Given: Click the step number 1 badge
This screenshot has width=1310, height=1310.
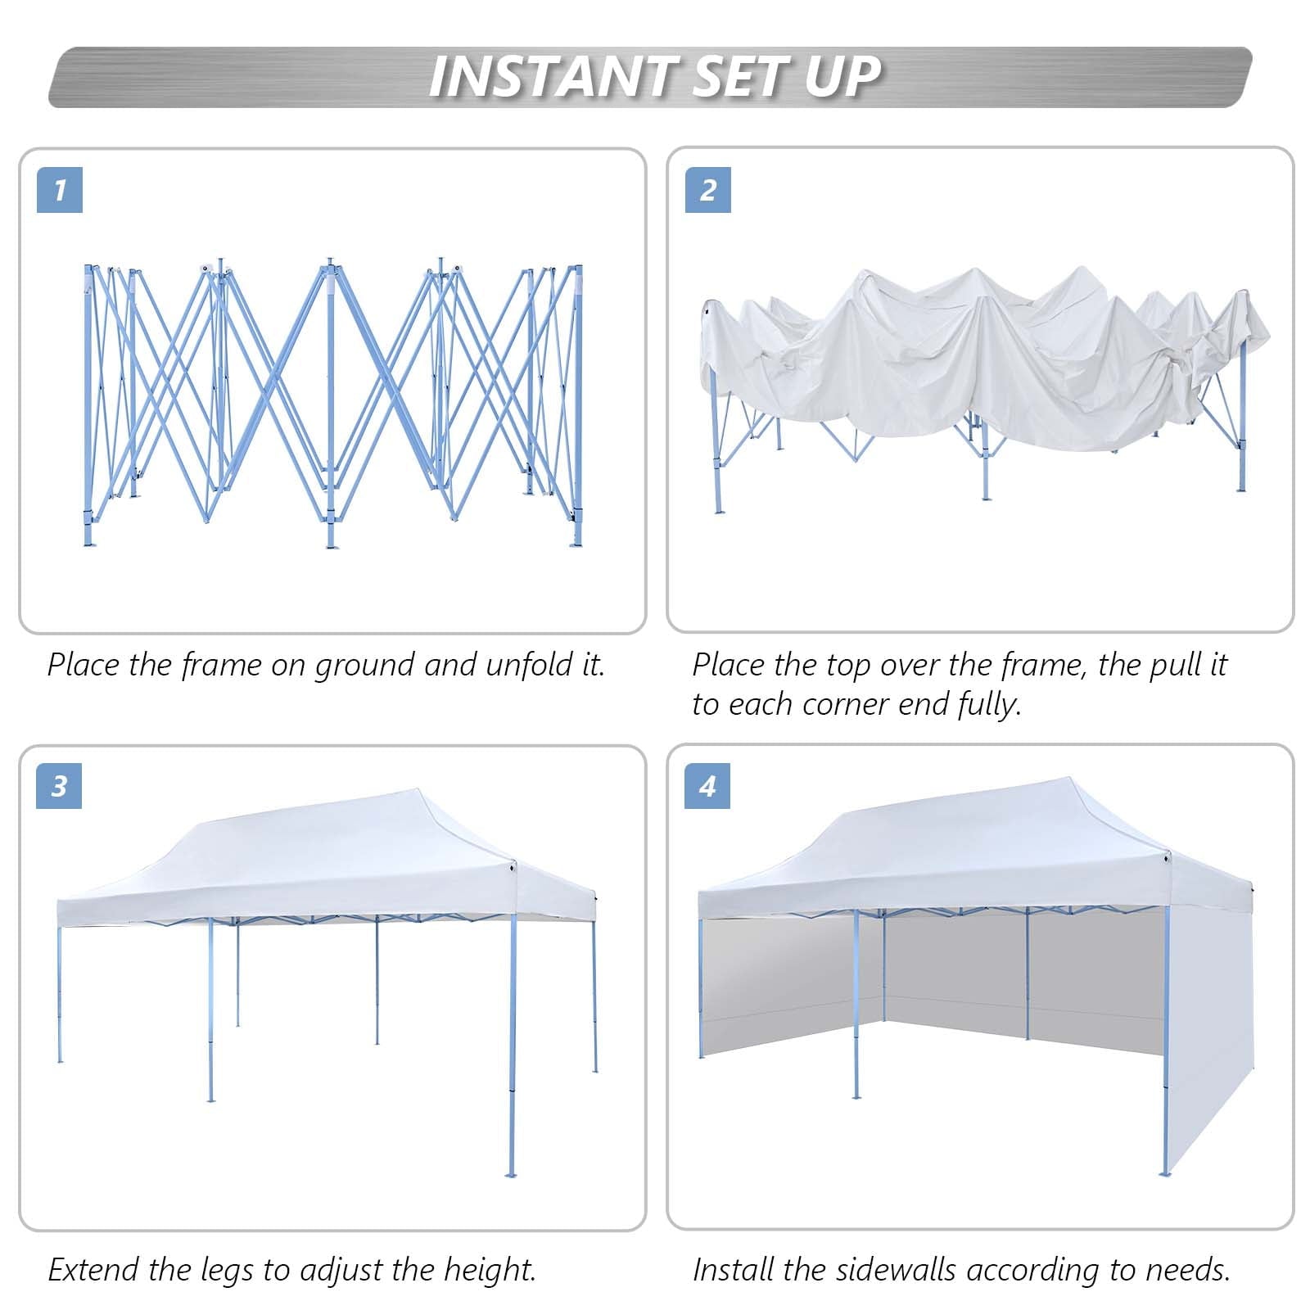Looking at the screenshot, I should point(59,190).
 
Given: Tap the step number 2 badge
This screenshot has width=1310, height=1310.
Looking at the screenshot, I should point(707,190).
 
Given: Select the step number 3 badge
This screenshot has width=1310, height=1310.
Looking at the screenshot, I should point(59,786).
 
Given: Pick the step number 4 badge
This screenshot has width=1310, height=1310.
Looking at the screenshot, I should point(707,786).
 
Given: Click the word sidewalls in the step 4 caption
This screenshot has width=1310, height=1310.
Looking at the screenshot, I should point(896,1270).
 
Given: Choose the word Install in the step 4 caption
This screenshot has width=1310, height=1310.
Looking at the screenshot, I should point(732,1270).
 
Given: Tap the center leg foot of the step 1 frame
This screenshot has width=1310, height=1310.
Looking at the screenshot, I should point(331,544).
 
